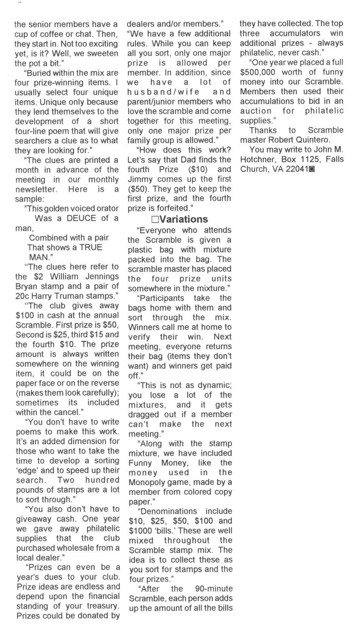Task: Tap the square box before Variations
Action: coord(155,220)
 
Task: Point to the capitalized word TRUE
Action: coord(91,247)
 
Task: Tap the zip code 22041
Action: coord(297,169)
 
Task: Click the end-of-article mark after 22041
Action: coord(311,170)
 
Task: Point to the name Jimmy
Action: coord(140,179)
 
